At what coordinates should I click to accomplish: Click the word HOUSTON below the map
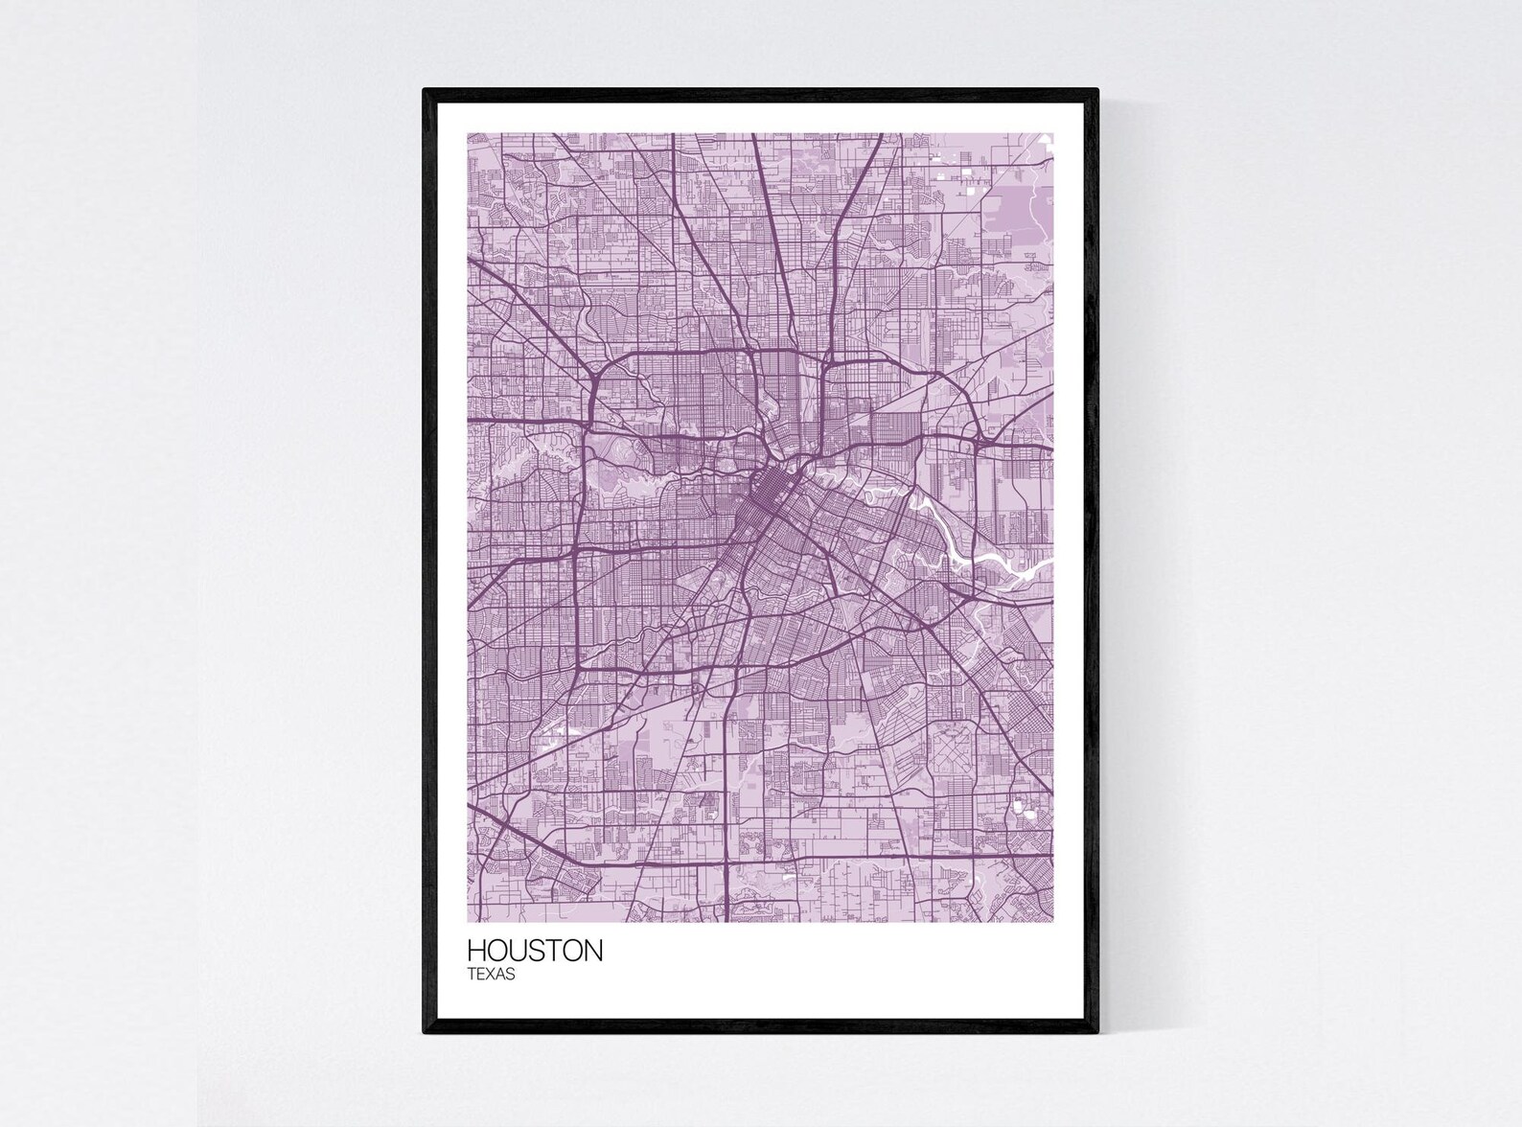[535, 952]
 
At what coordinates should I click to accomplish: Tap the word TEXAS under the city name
[492, 976]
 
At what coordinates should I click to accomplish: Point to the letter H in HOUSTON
[476, 952]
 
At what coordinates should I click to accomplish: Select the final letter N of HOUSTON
[593, 952]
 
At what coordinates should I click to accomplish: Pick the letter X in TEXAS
[491, 976]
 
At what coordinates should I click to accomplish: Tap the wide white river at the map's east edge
[1016, 565]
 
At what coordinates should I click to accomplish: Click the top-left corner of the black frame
[425, 90]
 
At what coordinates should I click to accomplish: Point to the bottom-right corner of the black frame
[1096, 1032]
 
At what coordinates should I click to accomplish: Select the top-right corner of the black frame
[1096, 90]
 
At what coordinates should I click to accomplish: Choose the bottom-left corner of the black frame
[425, 1032]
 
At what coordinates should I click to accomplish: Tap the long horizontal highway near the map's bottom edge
[767, 856]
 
